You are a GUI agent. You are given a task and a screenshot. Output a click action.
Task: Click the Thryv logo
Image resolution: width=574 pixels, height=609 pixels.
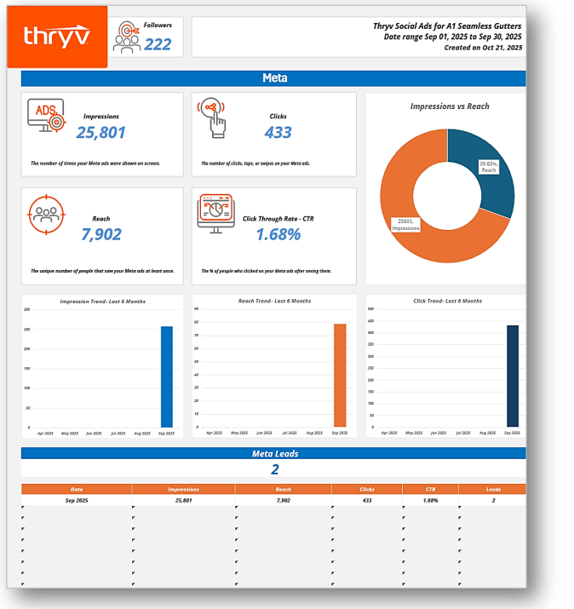[56, 37]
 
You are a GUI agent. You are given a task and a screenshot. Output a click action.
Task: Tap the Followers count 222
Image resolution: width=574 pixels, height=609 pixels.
[158, 44]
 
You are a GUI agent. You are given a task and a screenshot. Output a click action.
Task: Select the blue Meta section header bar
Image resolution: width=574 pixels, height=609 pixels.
[273, 78]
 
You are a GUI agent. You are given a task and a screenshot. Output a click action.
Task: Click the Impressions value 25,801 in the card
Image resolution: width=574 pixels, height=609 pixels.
[100, 132]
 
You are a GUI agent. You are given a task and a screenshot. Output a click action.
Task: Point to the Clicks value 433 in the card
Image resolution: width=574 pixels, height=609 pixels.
[278, 132]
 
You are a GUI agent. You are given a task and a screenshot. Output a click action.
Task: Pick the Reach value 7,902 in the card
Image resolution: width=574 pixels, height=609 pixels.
[100, 234]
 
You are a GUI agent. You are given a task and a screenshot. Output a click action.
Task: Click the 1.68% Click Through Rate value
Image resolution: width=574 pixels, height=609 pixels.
[278, 234]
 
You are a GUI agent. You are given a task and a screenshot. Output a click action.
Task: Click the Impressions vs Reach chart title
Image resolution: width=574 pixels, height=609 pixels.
[450, 106]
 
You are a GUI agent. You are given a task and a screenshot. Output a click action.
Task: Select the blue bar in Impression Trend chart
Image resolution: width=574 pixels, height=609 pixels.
[166, 376]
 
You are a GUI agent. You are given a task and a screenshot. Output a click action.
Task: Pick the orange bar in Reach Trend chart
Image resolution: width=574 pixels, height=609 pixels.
[340, 375]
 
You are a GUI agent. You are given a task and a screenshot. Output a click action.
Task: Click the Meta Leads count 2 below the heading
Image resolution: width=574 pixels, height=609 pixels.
[274, 469]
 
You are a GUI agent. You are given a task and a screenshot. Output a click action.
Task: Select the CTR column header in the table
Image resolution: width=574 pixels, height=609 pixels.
[430, 490]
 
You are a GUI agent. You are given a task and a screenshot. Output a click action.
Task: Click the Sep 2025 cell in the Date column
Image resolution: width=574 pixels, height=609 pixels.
[77, 501]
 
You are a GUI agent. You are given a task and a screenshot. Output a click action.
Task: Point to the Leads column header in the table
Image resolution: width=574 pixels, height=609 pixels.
[491, 490]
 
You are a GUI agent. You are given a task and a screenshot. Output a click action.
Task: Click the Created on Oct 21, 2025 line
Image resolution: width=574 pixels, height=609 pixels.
[483, 48]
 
